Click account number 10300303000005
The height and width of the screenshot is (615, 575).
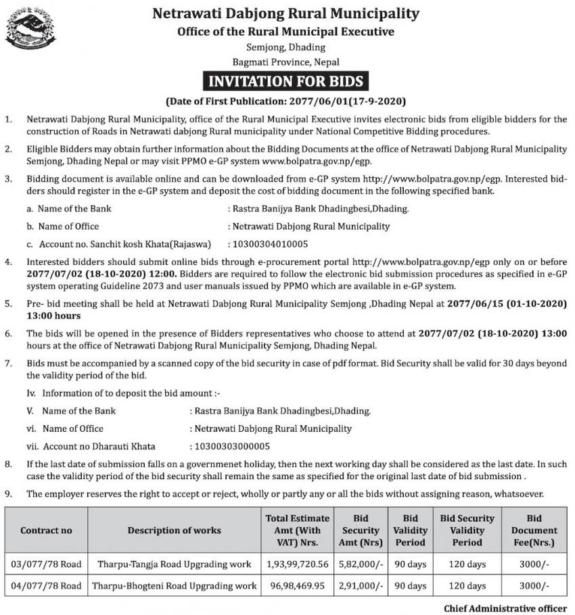tap(231, 446)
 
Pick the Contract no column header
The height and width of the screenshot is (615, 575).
tap(46, 530)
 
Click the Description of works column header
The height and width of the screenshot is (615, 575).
tap(175, 530)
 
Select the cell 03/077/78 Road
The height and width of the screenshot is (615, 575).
tap(46, 564)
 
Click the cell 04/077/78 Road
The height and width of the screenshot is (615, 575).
tap(46, 585)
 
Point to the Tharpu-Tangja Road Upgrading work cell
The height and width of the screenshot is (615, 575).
tap(175, 564)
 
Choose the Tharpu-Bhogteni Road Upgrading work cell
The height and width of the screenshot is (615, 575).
tap(175, 585)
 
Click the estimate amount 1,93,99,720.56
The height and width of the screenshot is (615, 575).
tap(297, 564)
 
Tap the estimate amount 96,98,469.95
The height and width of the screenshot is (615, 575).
tap(297, 585)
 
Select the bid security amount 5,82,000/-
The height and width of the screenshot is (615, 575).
tap(361, 564)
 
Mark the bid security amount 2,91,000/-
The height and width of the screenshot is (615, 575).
tap(361, 585)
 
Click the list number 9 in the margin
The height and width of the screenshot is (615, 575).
tap(8, 493)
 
